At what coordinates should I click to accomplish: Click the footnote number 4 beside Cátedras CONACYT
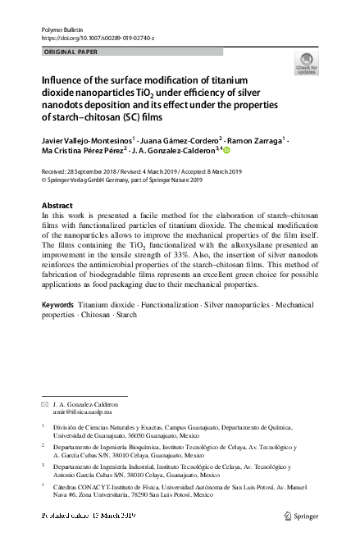click(x=43, y=485)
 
